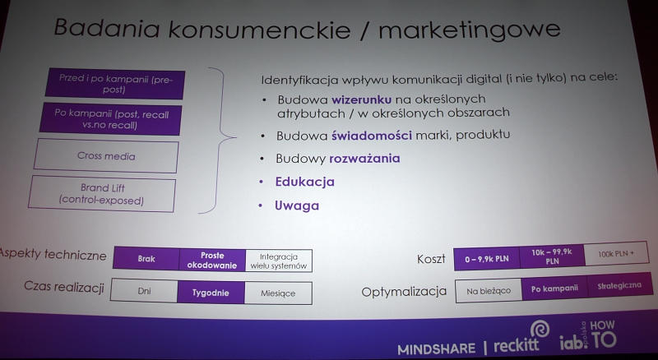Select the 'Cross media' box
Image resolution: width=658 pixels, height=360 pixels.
pos(106,156)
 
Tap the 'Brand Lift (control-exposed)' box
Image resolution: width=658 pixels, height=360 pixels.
pos(102,194)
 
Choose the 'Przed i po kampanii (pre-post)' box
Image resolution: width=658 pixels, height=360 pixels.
pos(115,84)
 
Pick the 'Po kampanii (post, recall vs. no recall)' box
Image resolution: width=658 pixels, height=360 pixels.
pos(111,119)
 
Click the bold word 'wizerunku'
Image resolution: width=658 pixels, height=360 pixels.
pos(361,99)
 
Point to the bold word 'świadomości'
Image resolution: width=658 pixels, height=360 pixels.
pos(372,136)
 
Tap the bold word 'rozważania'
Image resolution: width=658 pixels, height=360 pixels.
pos(364,159)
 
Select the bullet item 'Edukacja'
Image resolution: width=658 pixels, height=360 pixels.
pos(304,182)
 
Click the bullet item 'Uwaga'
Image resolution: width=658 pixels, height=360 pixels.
pos(297,205)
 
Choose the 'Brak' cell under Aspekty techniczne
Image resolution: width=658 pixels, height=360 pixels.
pos(146,258)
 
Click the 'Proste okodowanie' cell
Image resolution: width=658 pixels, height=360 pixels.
pos(212,261)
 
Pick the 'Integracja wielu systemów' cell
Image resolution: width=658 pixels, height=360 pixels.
pos(279,261)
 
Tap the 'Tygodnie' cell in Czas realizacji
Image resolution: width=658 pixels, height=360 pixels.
pos(211,293)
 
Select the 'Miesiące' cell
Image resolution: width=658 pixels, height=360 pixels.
pos(278,293)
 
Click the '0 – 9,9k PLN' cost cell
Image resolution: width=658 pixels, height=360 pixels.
pos(487,259)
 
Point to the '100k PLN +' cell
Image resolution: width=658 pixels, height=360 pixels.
pos(616,254)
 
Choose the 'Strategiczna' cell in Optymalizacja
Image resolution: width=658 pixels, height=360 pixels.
pos(619,285)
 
